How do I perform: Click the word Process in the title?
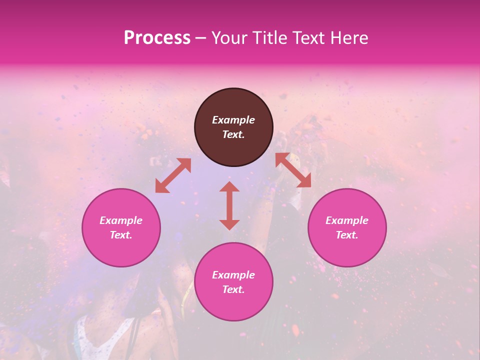(x=157, y=38)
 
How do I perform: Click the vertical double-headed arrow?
(x=229, y=205)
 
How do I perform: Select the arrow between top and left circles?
(x=173, y=175)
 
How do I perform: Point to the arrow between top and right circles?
(x=293, y=170)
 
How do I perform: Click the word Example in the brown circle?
(x=233, y=120)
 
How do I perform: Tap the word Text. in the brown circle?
(x=233, y=134)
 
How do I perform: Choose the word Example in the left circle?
(x=121, y=220)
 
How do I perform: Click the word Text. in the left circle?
(x=121, y=235)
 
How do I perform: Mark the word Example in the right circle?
(x=347, y=220)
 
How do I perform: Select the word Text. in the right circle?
(x=347, y=235)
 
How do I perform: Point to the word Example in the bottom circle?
(x=233, y=275)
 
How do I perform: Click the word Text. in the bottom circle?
(x=233, y=289)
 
